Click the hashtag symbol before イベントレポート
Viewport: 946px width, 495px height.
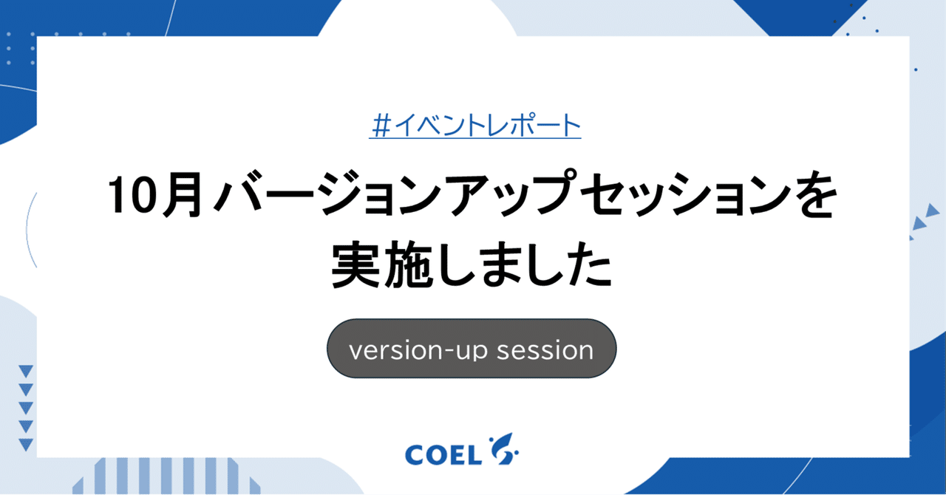[379, 126]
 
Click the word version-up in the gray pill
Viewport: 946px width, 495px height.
[418, 349]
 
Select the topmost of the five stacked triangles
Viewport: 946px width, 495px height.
[26, 372]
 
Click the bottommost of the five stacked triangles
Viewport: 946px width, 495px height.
[26, 444]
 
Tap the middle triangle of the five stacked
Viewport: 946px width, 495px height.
[26, 408]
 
